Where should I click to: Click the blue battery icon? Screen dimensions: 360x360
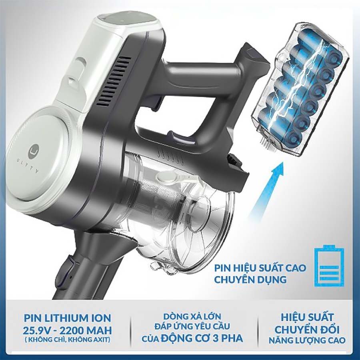click(x=329, y=266)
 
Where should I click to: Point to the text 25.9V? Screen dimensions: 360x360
click(x=38, y=330)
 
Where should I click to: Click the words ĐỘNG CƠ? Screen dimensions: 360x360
click(x=182, y=338)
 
